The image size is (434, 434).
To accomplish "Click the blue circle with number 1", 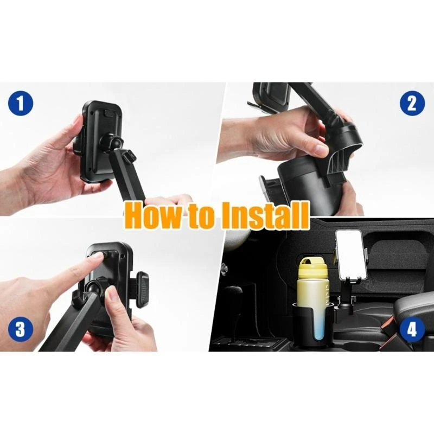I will [21, 103].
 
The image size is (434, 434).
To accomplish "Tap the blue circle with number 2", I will [412, 103].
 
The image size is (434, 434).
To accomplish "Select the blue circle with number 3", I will [21, 330].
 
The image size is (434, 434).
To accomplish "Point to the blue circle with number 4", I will [412, 330].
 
